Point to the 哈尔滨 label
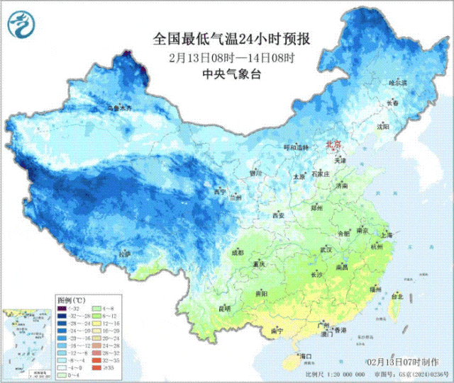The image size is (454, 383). pos(398,83)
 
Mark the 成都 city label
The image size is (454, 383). pos(236,251)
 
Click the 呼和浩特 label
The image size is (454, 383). pos(297,147)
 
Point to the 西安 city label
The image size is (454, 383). pos(277,215)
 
